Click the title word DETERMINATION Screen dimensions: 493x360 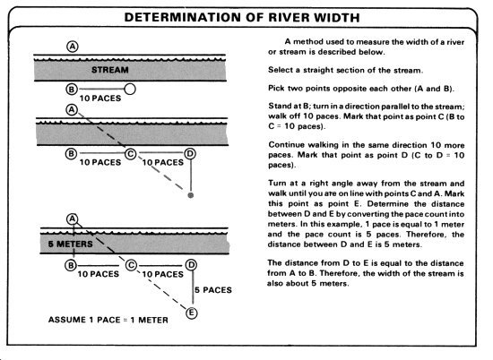pyautogui.click(x=183, y=17)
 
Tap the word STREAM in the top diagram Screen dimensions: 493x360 pyautogui.click(x=110, y=70)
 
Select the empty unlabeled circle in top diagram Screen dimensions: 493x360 pyautogui.click(x=130, y=90)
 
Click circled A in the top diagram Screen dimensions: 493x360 pyautogui.click(x=73, y=47)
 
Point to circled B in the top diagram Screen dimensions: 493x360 pyautogui.click(x=72, y=90)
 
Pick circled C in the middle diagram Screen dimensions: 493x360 pyautogui.click(x=131, y=154)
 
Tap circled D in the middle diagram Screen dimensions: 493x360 pyautogui.click(x=190, y=154)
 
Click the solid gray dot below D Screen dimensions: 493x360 pyautogui.click(x=191, y=195)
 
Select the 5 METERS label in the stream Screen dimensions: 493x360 pyautogui.click(x=71, y=244)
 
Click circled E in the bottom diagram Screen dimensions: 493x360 pyautogui.click(x=192, y=313)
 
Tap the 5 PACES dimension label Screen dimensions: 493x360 pyautogui.click(x=213, y=290)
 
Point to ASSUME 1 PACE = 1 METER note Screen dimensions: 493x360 pyautogui.click(x=108, y=320)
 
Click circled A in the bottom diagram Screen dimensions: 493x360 pyautogui.click(x=73, y=219)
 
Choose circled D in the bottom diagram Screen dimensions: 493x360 pyautogui.click(x=191, y=265)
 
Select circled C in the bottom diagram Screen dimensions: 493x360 pyautogui.click(x=131, y=265)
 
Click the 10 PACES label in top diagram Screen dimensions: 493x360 pyautogui.click(x=100, y=99)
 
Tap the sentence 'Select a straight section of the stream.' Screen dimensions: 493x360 pyautogui.click(x=345, y=70)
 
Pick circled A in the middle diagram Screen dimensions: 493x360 pyautogui.click(x=72, y=110)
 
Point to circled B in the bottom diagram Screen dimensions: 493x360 pyautogui.click(x=71, y=265)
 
